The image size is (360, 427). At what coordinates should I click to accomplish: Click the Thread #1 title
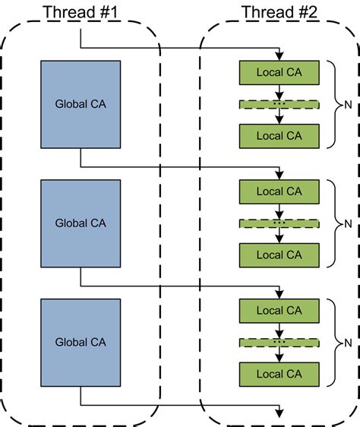(x=81, y=12)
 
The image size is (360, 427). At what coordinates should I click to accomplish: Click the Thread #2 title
(x=279, y=12)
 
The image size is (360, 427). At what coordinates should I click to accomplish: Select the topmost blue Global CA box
(x=81, y=104)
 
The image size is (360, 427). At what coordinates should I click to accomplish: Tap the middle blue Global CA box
(x=81, y=223)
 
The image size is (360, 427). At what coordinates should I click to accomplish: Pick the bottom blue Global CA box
(x=81, y=343)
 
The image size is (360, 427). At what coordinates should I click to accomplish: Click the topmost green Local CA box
(x=279, y=72)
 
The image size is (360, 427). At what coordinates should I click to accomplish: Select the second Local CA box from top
(x=279, y=136)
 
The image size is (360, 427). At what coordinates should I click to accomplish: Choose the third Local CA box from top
(x=279, y=191)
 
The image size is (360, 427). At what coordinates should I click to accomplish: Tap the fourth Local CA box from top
(x=279, y=255)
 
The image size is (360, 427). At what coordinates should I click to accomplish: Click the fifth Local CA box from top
(x=279, y=311)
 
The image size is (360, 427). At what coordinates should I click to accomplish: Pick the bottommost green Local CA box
(x=279, y=375)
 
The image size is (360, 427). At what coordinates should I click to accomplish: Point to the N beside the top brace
(x=348, y=105)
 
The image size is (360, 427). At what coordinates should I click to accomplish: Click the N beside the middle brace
(x=348, y=224)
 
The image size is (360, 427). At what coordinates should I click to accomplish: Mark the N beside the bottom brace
(x=348, y=343)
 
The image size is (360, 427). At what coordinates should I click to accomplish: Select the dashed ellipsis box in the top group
(x=279, y=105)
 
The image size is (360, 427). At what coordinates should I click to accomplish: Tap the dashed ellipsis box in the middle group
(x=279, y=223)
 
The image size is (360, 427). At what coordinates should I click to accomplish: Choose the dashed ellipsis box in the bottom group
(x=279, y=343)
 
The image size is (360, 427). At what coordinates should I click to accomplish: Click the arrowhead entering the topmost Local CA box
(x=279, y=56)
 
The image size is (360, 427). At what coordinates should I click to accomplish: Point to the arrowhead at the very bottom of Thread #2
(x=279, y=413)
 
